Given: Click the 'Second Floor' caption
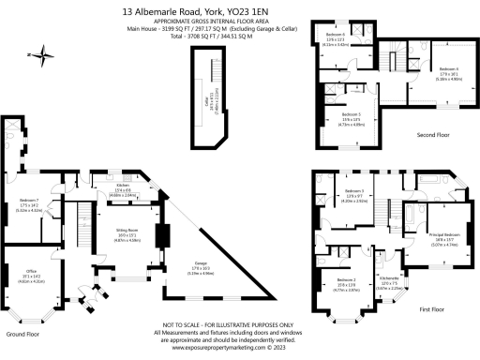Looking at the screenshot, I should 434,136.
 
